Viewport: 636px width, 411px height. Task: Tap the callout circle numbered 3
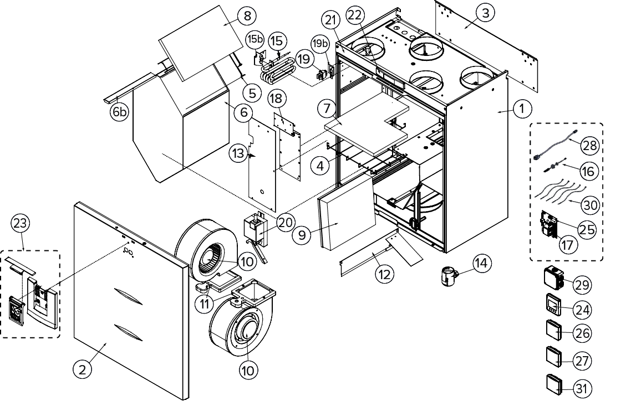(x=485, y=13)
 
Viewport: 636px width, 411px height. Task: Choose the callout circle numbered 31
(x=581, y=388)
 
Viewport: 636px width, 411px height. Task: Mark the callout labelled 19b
(x=319, y=43)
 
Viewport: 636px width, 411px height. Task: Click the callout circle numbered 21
(x=331, y=21)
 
